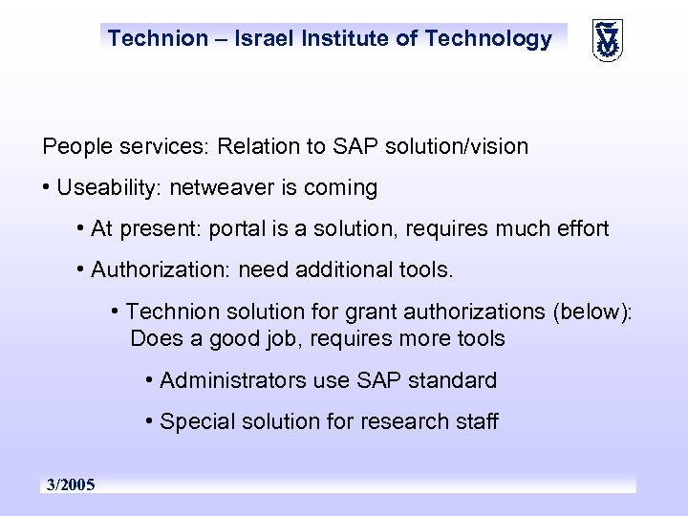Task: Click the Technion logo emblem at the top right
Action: [606, 39]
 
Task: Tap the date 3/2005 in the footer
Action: [72, 485]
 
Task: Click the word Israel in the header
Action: [259, 39]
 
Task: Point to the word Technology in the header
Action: [488, 39]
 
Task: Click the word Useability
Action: [107, 188]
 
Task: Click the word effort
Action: [578, 229]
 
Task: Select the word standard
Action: [452, 380]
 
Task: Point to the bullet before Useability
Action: [47, 188]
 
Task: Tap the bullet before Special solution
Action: [151, 421]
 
